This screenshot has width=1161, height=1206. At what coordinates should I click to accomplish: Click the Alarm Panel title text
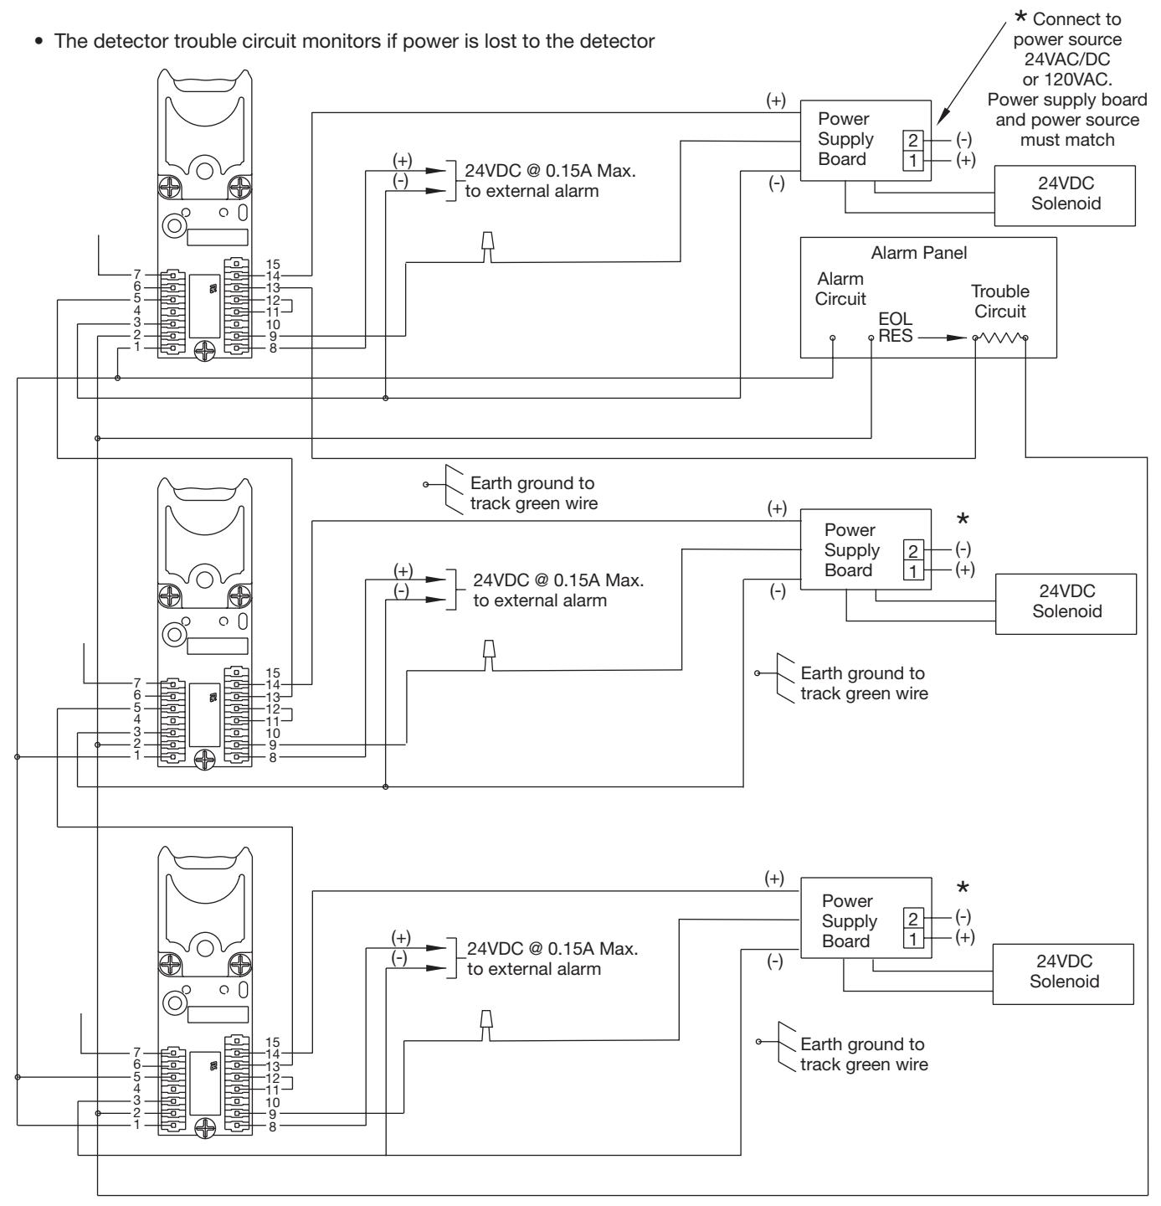click(x=918, y=253)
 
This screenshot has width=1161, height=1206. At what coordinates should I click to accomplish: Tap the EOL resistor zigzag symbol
click(x=1000, y=338)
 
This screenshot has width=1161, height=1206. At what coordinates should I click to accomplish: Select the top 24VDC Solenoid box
click(x=1065, y=195)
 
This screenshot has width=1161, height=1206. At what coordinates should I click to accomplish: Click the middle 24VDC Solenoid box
click(x=1066, y=604)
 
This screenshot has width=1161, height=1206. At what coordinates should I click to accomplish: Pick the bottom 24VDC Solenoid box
click(x=1063, y=974)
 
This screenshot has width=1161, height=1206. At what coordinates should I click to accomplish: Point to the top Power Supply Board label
click(x=845, y=139)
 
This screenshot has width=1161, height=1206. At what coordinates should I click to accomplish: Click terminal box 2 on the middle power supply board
click(x=912, y=550)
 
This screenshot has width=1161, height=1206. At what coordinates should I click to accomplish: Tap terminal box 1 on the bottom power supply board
click(x=912, y=939)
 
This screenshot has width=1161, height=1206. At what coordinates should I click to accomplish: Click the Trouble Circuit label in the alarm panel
click(x=1000, y=301)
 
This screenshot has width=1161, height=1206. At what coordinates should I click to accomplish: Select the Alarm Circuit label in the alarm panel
click(x=840, y=289)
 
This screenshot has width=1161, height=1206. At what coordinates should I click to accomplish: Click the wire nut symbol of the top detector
click(x=488, y=247)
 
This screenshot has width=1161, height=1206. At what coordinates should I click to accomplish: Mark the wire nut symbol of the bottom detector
click(x=487, y=1026)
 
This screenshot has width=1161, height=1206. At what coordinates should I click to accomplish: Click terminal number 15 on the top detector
click(x=273, y=265)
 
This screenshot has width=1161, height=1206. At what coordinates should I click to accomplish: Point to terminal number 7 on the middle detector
click(x=137, y=683)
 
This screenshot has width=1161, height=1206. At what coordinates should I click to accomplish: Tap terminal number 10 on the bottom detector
click(x=273, y=1102)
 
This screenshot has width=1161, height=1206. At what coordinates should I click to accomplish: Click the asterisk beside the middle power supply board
click(x=962, y=519)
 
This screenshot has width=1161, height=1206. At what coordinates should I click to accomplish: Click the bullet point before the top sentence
click(x=39, y=42)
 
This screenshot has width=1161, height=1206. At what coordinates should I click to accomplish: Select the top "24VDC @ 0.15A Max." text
click(x=550, y=171)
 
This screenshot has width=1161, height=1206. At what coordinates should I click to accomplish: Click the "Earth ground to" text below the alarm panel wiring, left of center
click(x=532, y=482)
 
